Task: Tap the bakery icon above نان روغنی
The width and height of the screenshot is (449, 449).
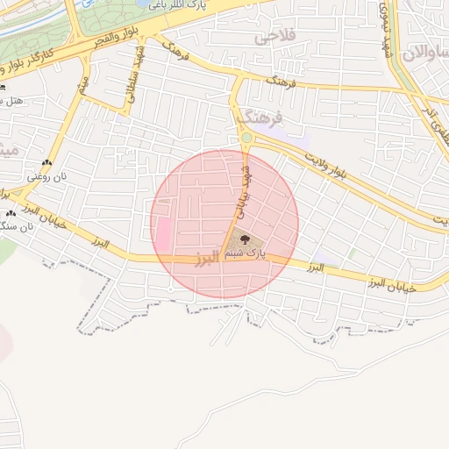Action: pyautogui.click(x=46, y=163)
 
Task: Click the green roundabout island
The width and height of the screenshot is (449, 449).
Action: pyautogui.click(x=246, y=138)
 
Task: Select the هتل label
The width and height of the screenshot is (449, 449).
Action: pyautogui.click(x=12, y=101)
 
